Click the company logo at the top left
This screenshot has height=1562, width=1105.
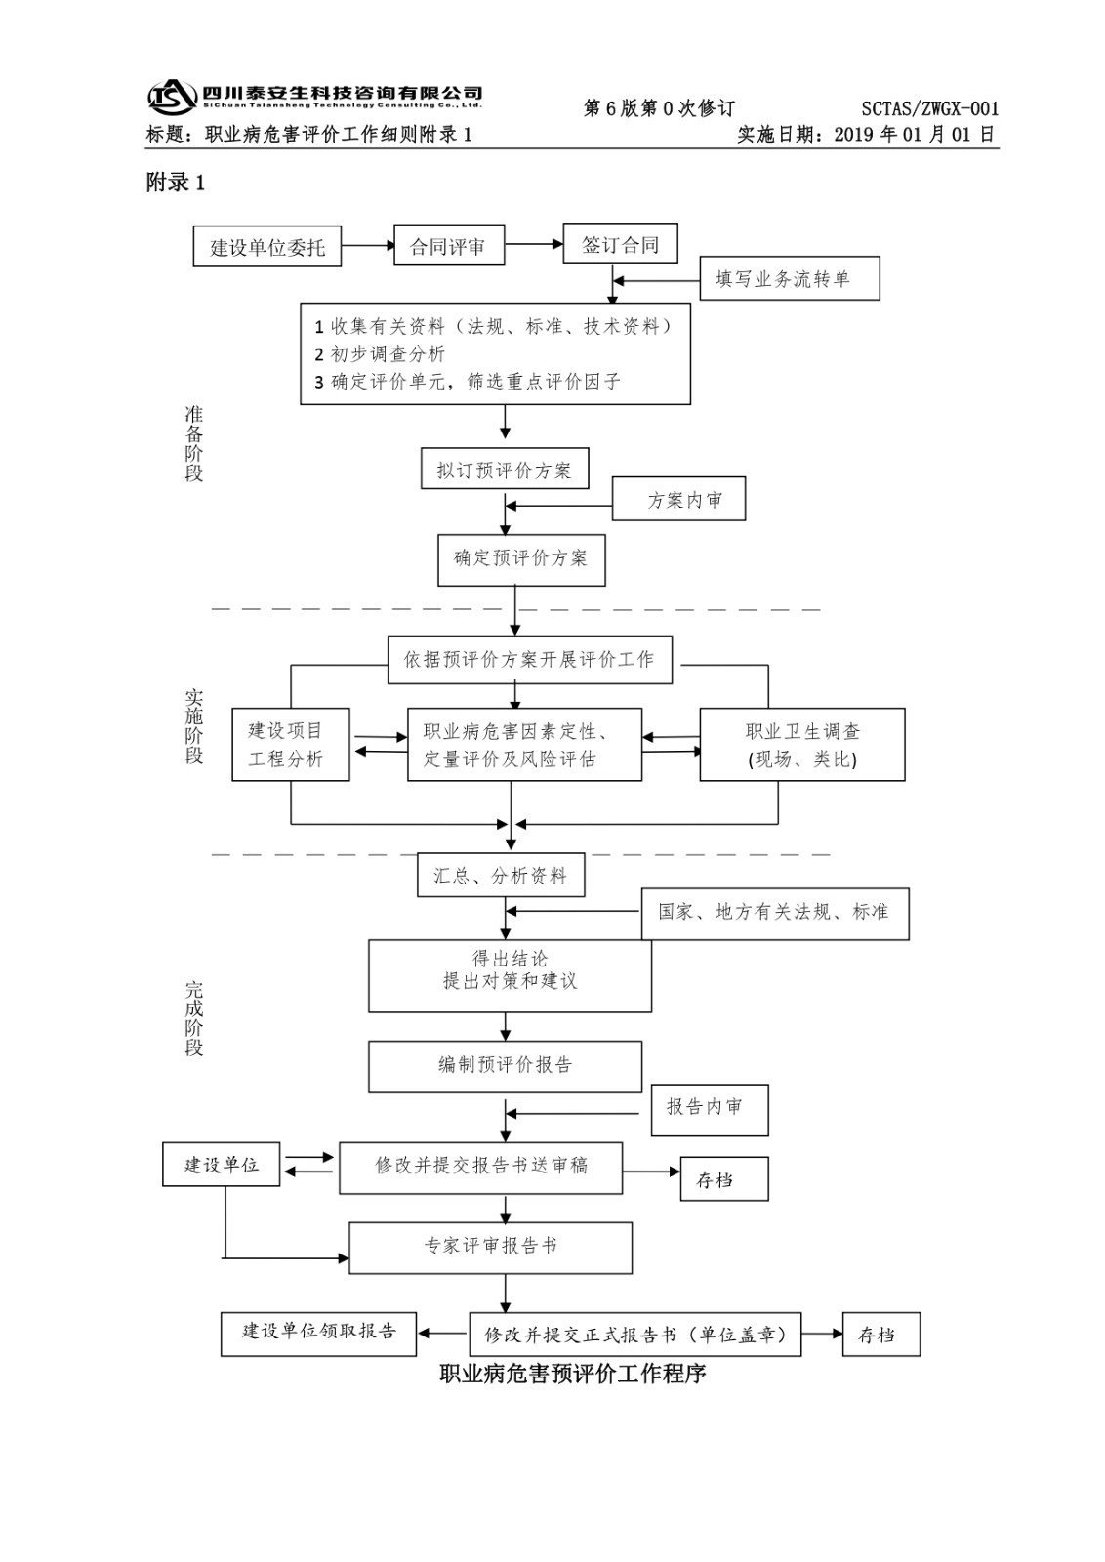[172, 97]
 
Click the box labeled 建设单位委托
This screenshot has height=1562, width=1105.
[267, 247]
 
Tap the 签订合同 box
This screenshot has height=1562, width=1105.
[620, 244]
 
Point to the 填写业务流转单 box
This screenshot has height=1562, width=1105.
[791, 279]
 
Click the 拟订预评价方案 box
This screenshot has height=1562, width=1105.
[505, 470]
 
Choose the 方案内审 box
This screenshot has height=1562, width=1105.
[679, 500]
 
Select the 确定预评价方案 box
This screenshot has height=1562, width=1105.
[521, 559]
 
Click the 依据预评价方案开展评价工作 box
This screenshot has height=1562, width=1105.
[530, 660]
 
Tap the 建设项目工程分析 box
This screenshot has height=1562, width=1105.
[290, 744]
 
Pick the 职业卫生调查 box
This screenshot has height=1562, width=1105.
[802, 744]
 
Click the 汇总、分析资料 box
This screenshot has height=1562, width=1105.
[501, 876]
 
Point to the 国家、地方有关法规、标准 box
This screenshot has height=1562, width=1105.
[775, 913]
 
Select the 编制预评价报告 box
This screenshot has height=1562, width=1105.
[505, 1066]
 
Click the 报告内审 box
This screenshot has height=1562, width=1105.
[710, 1109]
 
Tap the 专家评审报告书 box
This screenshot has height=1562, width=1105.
[490, 1247]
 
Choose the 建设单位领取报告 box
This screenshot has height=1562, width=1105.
[319, 1334]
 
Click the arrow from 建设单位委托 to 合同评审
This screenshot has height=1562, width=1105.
[367, 246]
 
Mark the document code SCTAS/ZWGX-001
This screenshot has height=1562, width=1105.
[929, 109]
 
